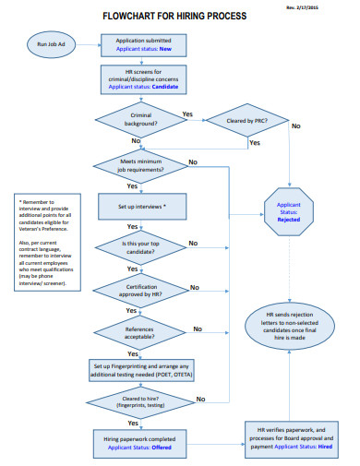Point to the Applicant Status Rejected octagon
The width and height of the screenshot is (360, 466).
(x=295, y=211)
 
